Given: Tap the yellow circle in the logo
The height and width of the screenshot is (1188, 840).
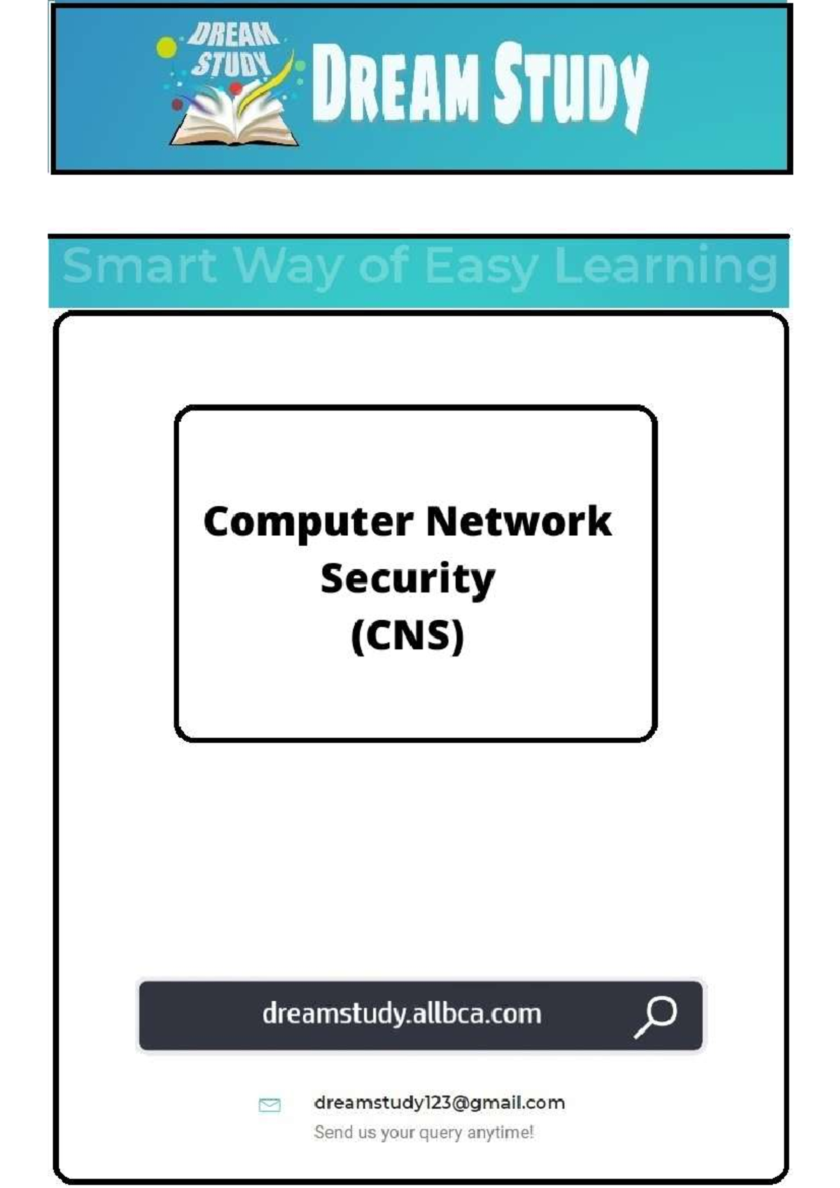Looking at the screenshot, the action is tap(167, 48).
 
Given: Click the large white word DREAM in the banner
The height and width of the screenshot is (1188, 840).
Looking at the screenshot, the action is tap(395, 83).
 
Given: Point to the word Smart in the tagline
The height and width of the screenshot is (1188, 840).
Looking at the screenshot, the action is tap(139, 265).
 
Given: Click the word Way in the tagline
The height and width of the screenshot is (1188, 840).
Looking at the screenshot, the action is tap(288, 269).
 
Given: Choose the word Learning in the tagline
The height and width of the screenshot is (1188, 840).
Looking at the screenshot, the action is tap(666, 269).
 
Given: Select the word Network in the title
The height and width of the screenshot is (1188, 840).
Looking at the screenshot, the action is tap(519, 521).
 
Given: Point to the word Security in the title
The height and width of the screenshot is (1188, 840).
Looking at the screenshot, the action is tap(407, 580).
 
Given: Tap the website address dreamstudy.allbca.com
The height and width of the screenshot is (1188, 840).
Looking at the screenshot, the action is tap(402, 1014).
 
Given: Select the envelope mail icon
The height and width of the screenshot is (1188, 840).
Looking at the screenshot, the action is tap(269, 1105).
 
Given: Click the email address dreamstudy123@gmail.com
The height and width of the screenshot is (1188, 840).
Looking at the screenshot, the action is tap(440, 1103).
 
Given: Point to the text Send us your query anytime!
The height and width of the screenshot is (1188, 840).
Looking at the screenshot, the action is tap(423, 1132).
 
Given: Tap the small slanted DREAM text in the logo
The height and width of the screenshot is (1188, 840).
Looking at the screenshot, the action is tap(234, 36).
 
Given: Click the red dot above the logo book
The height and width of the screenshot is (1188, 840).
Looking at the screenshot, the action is tap(236, 87).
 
